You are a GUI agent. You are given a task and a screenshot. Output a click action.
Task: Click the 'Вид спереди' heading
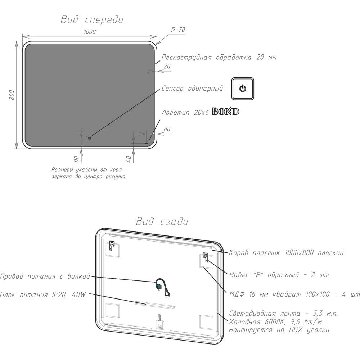[x=92, y=20]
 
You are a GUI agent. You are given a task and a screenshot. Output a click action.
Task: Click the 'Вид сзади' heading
[x=162, y=221]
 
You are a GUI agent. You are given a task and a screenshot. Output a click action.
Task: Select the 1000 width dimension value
[x=90, y=32]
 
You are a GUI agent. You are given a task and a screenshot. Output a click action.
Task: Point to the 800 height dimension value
[x=12, y=95]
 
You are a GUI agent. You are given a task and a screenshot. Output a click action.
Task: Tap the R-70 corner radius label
[x=178, y=30]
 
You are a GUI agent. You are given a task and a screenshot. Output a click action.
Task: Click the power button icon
[x=243, y=89]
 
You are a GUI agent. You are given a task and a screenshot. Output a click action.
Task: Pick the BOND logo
[x=225, y=112]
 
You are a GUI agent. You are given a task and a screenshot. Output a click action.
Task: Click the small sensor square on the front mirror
[x=90, y=138]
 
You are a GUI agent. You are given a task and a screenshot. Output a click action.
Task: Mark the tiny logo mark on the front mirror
[x=146, y=144]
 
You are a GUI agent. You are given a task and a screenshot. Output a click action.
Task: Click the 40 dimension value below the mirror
[x=129, y=159]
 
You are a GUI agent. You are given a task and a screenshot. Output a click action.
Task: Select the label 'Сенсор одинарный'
[x=192, y=89]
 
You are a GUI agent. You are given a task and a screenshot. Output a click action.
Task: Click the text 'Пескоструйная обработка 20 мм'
[x=219, y=57]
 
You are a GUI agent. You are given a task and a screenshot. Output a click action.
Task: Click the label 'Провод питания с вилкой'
[x=45, y=276]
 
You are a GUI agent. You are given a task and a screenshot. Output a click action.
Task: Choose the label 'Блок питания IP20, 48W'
[x=43, y=294]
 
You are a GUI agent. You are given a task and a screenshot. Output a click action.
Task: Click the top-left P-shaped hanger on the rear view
[x=112, y=246]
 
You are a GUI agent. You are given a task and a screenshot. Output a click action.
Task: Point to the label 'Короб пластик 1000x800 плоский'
[x=287, y=253]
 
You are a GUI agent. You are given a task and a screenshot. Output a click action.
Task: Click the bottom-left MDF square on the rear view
[x=113, y=310]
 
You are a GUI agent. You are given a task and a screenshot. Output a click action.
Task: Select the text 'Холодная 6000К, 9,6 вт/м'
[x=275, y=321]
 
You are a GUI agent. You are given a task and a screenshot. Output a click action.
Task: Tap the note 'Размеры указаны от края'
[x=86, y=170]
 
